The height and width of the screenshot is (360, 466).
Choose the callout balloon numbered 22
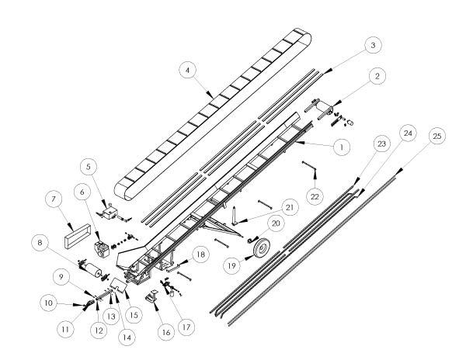pyautogui.click(x=315, y=193)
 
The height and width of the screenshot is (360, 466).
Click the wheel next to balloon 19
pyautogui.click(x=259, y=249)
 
